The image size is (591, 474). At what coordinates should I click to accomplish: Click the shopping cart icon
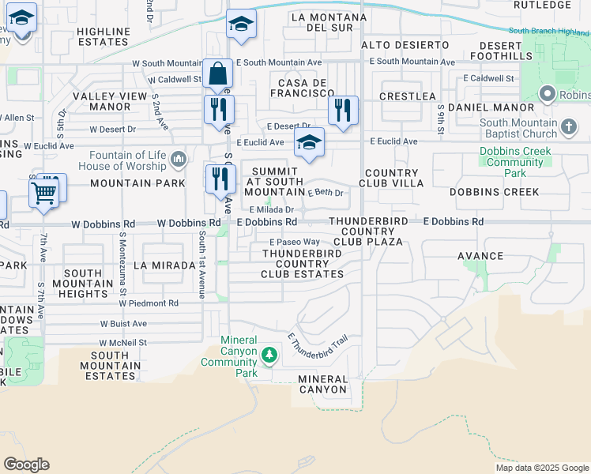[43, 191]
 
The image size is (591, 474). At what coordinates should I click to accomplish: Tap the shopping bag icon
[217, 73]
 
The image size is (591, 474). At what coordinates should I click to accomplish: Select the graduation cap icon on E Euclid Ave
[310, 142]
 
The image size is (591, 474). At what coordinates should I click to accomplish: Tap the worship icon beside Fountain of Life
[179, 160]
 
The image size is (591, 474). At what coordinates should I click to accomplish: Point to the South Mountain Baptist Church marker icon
[568, 127]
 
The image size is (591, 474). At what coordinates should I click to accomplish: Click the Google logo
[26, 465]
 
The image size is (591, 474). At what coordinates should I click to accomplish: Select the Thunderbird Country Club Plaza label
[366, 231]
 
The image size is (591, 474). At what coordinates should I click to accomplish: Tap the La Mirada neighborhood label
[164, 265]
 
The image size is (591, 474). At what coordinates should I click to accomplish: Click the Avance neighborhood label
[480, 256]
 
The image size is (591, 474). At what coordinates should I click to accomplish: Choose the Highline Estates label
[104, 36]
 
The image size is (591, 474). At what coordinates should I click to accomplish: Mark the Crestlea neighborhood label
[407, 96]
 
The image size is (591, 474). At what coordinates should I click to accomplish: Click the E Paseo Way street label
[295, 242]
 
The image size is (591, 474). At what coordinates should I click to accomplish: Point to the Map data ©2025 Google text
[541, 468]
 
